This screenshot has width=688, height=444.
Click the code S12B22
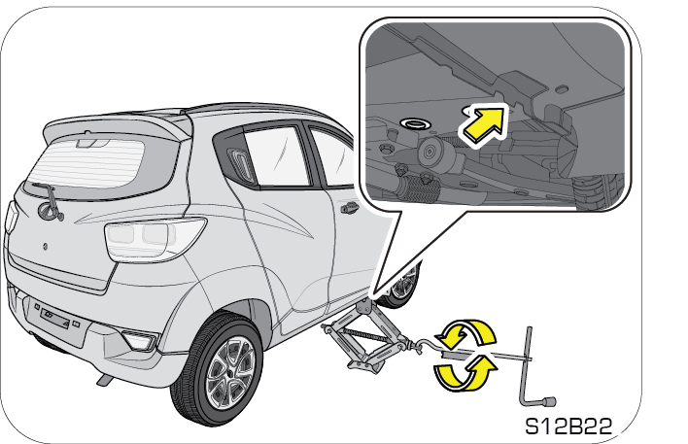tap(568, 426)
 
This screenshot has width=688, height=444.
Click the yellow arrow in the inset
tap(482, 124)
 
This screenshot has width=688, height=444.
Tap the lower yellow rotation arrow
tap(465, 373)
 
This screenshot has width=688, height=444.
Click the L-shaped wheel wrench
tap(531, 368)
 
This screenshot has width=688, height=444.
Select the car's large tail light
tap(154, 239)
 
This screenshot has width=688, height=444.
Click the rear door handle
tap(349, 207)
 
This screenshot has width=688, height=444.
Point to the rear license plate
tap(55, 318)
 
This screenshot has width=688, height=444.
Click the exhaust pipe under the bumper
tap(104, 380)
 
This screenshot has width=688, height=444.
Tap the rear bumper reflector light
tap(140, 340)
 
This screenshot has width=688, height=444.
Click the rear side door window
tap(276, 155)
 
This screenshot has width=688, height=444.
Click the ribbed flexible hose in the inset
tap(419, 188)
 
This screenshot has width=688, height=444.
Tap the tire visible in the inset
tap(599, 190)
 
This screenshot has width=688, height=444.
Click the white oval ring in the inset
tap(414, 123)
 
